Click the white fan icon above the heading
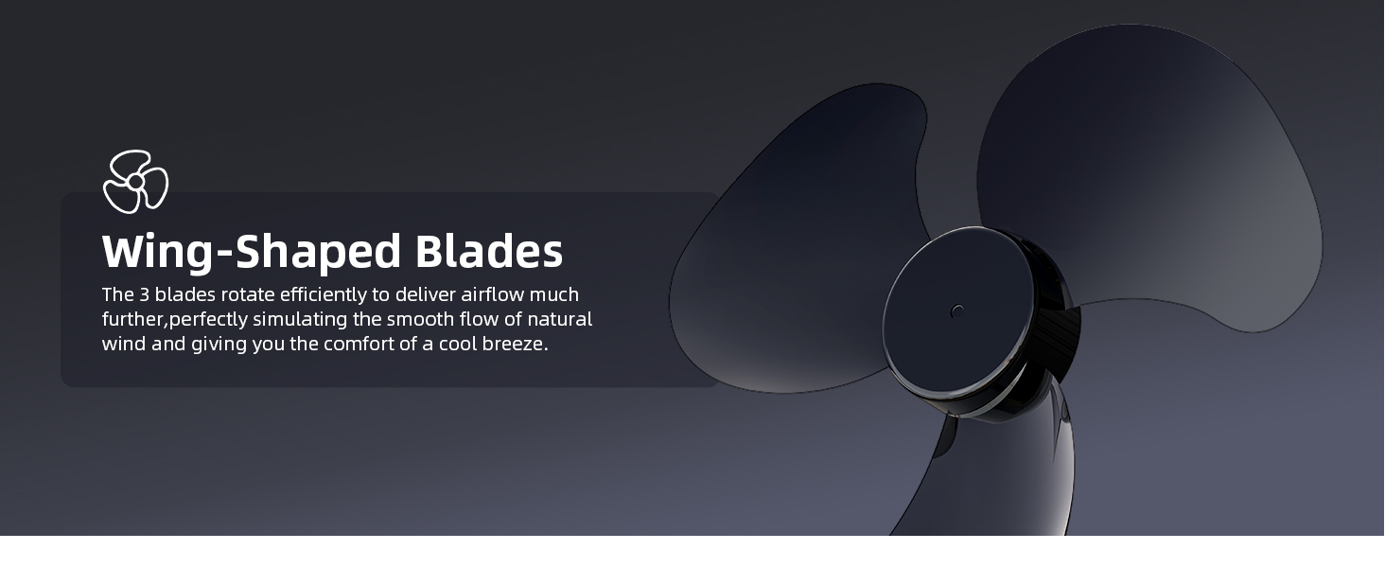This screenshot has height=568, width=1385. pyautogui.click(x=135, y=181)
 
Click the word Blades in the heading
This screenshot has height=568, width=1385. pyautogui.click(x=489, y=251)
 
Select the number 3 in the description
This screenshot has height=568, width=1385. pyautogui.click(x=145, y=294)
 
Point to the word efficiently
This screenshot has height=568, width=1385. pyautogui.click(x=334, y=294)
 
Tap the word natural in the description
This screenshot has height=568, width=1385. pyautogui.click(x=560, y=319)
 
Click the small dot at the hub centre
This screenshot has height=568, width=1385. pyautogui.click(x=957, y=311)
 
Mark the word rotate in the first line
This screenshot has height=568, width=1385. pyautogui.click(x=249, y=294)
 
